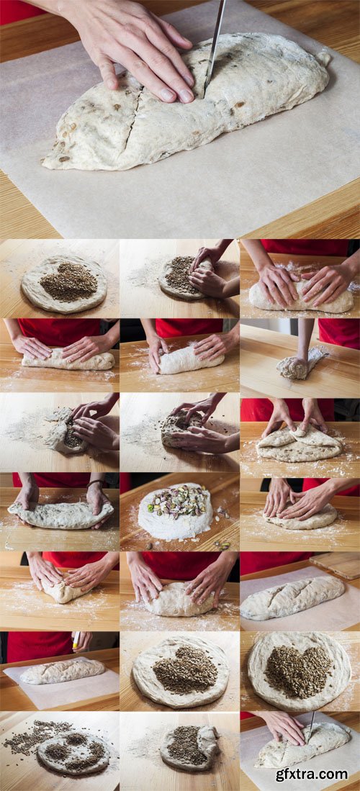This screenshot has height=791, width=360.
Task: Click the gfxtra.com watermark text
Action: pos(311,774)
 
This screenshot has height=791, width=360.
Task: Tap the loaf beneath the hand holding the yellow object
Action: pos(61,671)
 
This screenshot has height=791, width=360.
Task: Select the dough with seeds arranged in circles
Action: pos(73,753)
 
